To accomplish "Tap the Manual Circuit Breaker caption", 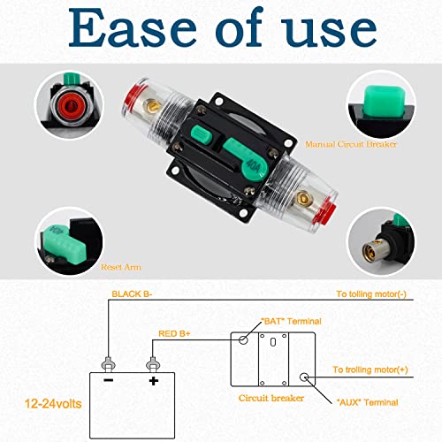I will [x=351, y=143].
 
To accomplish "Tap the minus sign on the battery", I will [x=108, y=382].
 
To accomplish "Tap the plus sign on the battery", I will [x=153, y=382].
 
